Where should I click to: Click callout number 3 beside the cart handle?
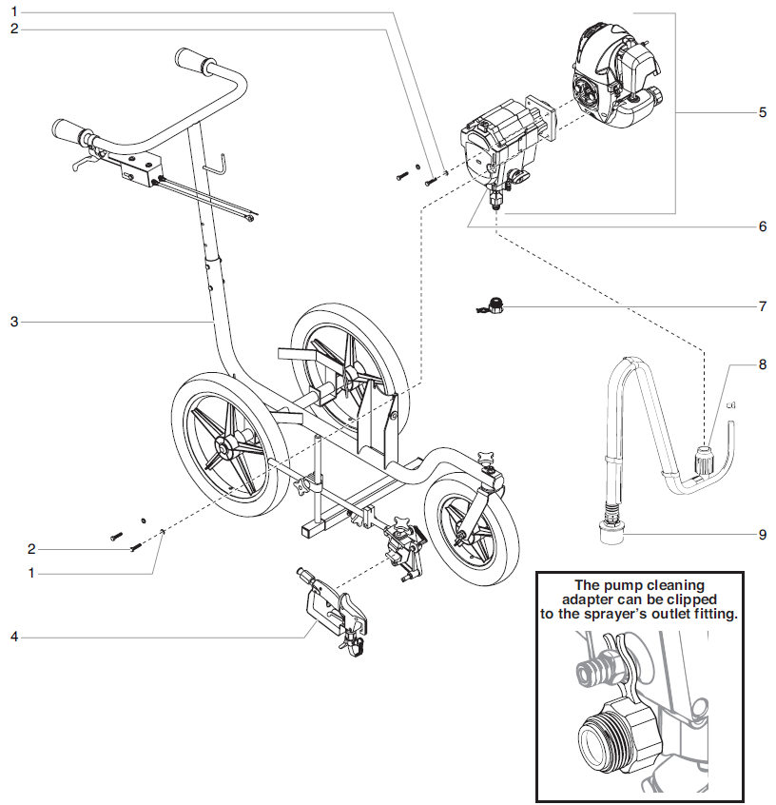[14, 323]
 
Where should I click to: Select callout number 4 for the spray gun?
[14, 636]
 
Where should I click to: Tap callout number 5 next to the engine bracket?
[762, 112]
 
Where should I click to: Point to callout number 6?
[762, 227]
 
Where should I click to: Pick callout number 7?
[762, 307]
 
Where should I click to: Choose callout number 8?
[762, 363]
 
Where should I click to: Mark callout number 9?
[762, 535]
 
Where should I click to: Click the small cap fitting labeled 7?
[494, 306]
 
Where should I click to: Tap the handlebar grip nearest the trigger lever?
[71, 128]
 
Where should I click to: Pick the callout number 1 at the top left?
[14, 11]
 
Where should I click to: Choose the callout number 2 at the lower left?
[31, 549]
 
